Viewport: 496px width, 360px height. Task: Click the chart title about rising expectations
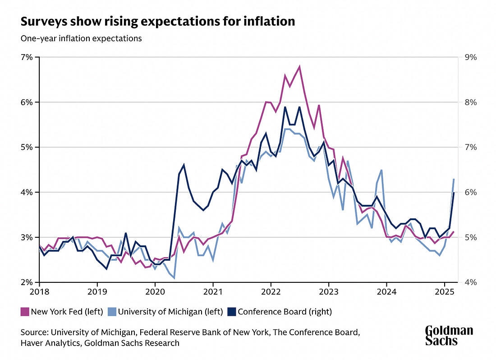pyautogui.click(x=158, y=21)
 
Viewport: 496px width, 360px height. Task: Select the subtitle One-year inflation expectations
pyautogui.click(x=81, y=38)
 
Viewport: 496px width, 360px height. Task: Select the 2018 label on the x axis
pyautogui.click(x=40, y=292)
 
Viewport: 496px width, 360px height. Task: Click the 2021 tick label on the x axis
pyautogui.click(x=213, y=292)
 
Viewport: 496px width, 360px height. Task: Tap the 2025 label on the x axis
pyautogui.click(x=444, y=292)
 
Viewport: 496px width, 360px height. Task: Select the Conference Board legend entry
pyautogui.click(x=285, y=311)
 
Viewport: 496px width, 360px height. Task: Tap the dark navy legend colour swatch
pyautogui.click(x=233, y=311)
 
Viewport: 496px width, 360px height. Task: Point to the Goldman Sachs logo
pyautogui.click(x=449, y=336)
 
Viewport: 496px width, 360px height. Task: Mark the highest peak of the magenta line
pyautogui.click(x=299, y=67)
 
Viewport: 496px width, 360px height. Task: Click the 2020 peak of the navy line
pyautogui.click(x=184, y=165)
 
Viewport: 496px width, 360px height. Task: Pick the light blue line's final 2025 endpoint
pyautogui.click(x=454, y=179)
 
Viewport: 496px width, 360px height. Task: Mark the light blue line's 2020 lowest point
pyautogui.click(x=174, y=278)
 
